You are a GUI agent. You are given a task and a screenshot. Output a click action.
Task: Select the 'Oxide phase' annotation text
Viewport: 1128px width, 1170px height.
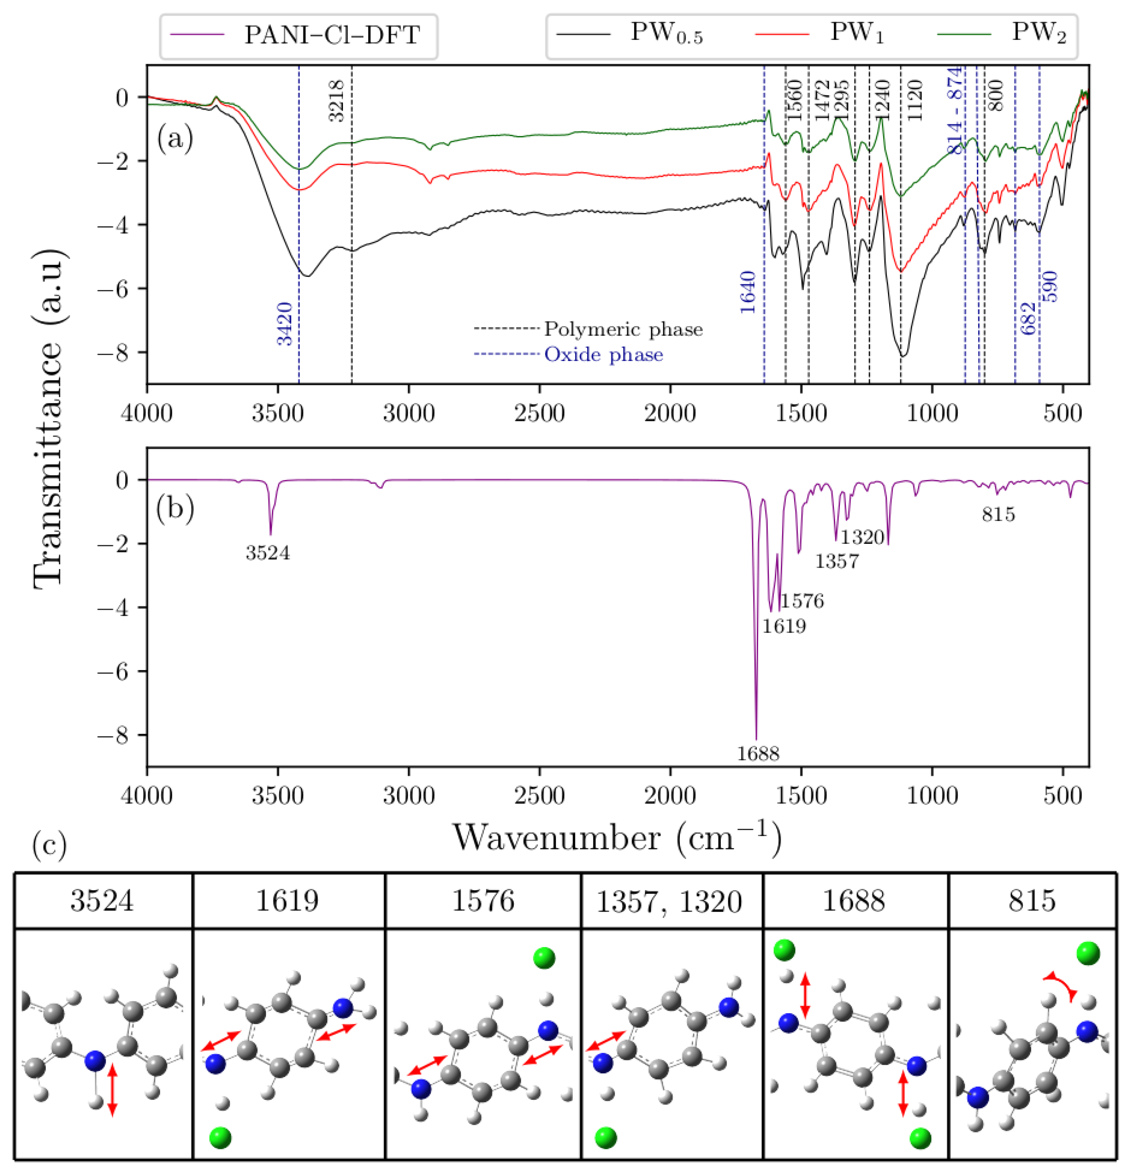click(603, 355)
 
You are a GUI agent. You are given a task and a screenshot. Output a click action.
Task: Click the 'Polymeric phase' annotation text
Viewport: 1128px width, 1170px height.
click(623, 329)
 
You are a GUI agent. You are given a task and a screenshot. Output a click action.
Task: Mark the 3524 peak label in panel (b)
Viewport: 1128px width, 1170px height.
click(267, 553)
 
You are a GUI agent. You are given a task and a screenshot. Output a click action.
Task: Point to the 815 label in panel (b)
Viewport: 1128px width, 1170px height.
click(998, 514)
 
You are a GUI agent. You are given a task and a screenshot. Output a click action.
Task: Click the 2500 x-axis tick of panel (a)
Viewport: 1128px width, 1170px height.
click(539, 413)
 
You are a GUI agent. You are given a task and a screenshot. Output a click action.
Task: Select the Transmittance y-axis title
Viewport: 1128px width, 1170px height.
click(48, 418)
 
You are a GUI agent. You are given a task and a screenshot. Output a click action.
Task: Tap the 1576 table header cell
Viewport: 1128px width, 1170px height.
click(482, 900)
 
